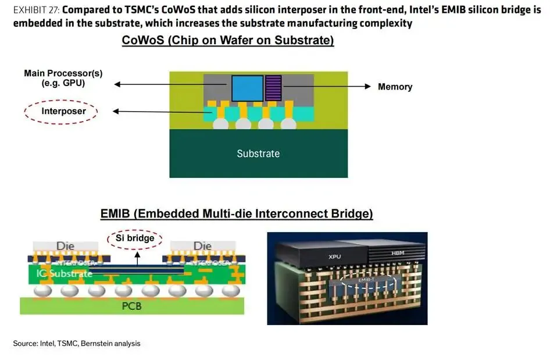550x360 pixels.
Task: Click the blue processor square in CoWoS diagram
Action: point(247,89)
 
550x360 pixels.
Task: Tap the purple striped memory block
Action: point(273,88)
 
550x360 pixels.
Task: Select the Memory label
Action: point(395,87)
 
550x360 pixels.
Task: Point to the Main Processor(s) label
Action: point(55,78)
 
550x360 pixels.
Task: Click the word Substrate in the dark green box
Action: point(258,154)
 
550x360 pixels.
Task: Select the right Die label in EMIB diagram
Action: point(202,246)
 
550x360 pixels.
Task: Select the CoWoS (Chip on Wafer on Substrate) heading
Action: point(228,41)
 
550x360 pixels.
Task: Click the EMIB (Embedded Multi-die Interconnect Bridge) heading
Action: point(237,214)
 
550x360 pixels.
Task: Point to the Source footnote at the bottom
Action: point(76,344)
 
